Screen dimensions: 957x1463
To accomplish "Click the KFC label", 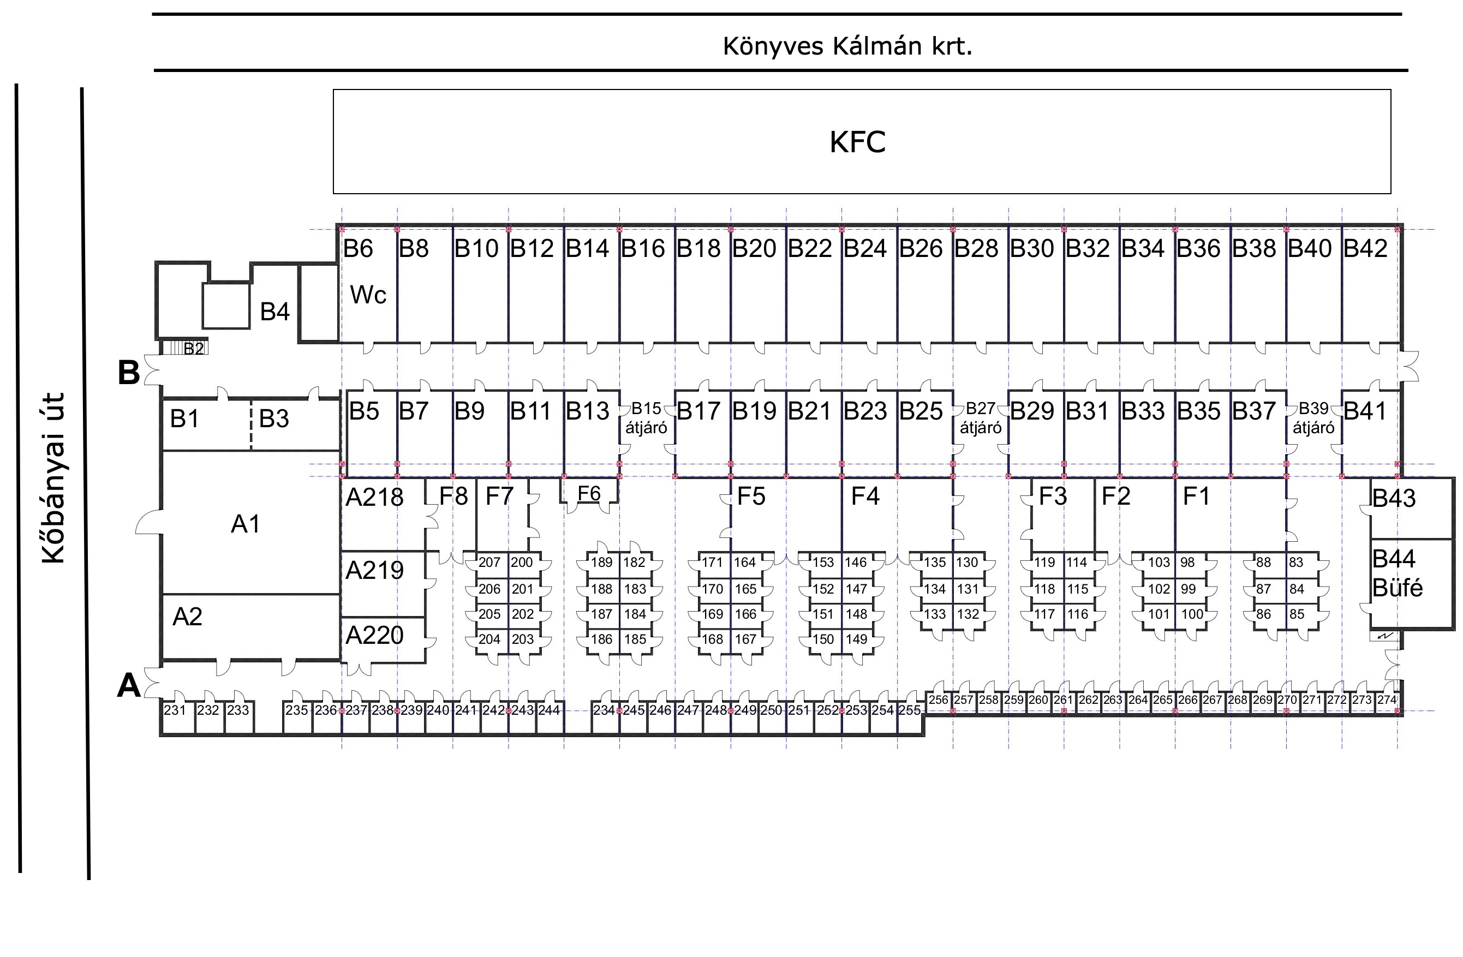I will tap(857, 142).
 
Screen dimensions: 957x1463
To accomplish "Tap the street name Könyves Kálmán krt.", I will tap(847, 46).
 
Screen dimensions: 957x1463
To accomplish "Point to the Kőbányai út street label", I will tap(53, 478).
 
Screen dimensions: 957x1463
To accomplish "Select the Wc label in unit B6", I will tap(368, 296).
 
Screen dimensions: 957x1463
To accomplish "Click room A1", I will tap(245, 524).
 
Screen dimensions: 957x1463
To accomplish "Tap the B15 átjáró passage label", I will tap(646, 418).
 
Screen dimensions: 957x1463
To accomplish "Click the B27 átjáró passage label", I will tap(981, 418).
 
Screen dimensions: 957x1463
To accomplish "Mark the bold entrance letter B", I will tap(128, 373).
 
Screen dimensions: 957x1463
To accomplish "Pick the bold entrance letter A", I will tap(128, 686).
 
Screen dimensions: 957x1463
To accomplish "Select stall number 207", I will tap(489, 563).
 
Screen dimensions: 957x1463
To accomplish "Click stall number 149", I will tap(856, 639).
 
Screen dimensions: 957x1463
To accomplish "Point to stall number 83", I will tap(1297, 563).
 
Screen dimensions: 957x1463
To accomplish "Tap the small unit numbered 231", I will tap(175, 710).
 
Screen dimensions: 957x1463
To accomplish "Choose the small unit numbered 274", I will tap(1387, 700).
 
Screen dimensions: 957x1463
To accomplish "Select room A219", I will tap(374, 570).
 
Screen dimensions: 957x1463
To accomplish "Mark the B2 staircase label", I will tap(194, 349).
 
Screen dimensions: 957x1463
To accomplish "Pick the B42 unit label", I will tap(1365, 248).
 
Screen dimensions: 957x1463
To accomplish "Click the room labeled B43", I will tap(1394, 498).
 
